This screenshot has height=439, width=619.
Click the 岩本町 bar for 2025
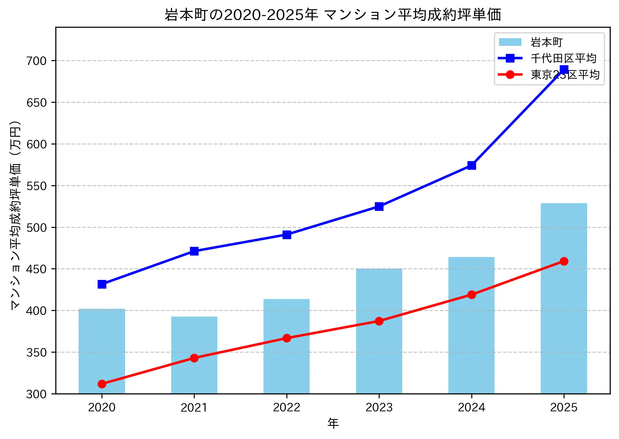(564, 298)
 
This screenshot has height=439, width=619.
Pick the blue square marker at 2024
(472, 165)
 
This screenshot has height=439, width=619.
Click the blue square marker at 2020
(102, 284)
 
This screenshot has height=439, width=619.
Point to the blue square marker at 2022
(287, 235)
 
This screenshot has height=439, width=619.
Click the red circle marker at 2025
(564, 261)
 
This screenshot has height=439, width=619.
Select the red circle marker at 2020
(102, 384)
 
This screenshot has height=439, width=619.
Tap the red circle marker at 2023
(379, 321)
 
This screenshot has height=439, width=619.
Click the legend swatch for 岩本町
(510, 42)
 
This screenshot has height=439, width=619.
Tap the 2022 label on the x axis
(287, 407)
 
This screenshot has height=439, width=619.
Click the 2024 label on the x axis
(472, 407)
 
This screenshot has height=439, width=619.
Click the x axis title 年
(333, 424)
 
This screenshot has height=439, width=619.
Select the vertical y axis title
(15, 215)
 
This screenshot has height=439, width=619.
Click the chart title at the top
(333, 14)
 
